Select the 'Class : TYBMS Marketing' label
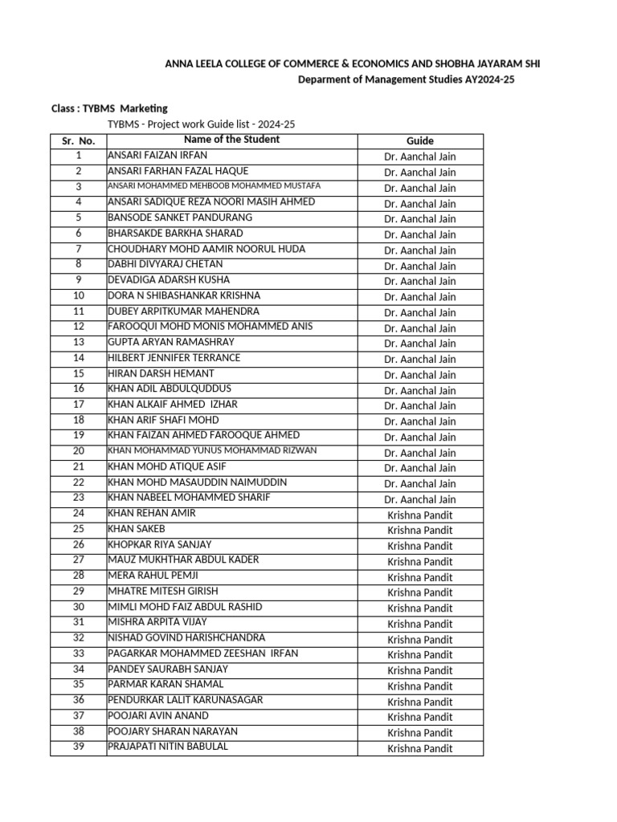click(110, 108)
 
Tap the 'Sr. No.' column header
click(78, 140)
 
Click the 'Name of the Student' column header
click(231, 140)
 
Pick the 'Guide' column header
click(419, 140)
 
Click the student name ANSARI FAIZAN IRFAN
click(157, 155)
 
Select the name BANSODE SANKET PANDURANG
click(180, 218)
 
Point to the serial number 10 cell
click(78, 295)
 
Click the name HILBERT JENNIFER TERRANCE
click(174, 357)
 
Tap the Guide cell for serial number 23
click(419, 498)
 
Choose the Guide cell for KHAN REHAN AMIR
click(419, 515)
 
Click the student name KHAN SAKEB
click(137, 528)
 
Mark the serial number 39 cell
click(78, 747)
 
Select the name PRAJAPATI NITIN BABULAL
click(168, 747)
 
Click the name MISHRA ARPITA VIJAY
click(157, 622)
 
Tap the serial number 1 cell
click(78, 155)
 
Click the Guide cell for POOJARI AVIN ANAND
click(419, 717)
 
